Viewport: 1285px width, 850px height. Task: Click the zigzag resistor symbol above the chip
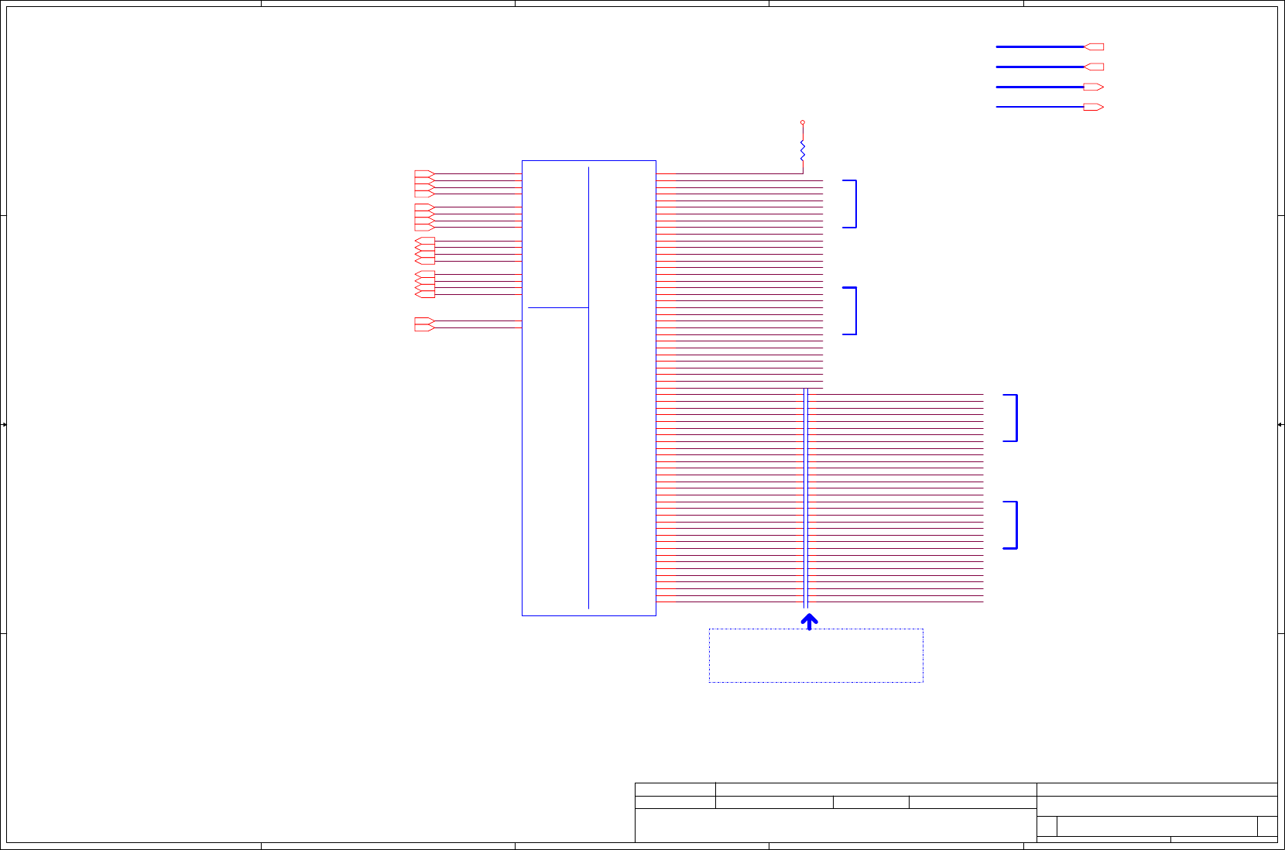[803, 151]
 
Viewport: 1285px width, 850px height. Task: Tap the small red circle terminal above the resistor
[803, 122]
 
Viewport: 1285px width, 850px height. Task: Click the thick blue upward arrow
[809, 622]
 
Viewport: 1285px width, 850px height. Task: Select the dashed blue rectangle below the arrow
[816, 656]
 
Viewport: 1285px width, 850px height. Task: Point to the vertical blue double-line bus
[806, 499]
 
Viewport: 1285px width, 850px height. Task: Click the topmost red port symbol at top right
[1094, 47]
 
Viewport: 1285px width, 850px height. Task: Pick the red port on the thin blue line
[1094, 107]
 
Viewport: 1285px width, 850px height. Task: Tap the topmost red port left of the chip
[424, 174]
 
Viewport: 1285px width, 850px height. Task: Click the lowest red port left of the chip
[424, 327]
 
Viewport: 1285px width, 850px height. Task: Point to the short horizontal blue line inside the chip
[558, 307]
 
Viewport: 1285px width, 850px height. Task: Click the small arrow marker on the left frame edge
[4, 424]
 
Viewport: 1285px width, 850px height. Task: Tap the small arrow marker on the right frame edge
[1280, 424]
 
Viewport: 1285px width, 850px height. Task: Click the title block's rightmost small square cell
[1267, 826]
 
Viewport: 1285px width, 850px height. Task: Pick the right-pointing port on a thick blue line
[1094, 87]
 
